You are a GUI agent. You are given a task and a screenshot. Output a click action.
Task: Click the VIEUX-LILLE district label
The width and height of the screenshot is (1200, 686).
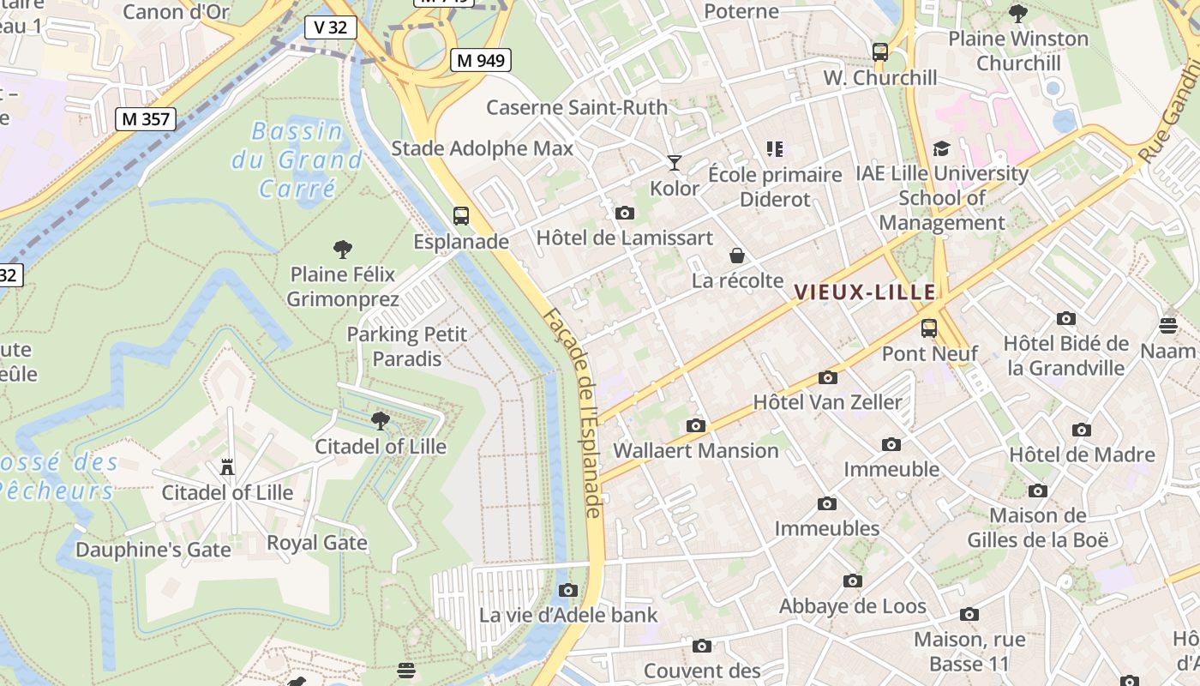point(865,292)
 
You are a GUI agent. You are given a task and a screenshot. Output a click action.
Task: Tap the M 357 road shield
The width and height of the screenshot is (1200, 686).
point(146,119)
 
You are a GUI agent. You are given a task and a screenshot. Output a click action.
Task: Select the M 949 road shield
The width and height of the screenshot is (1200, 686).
point(481,60)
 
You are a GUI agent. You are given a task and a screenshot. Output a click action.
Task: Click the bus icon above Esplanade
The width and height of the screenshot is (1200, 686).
point(461,216)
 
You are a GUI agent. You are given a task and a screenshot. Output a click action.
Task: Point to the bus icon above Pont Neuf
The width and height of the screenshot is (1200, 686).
point(929,328)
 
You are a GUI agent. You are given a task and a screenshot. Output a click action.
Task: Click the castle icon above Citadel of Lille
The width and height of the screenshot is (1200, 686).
point(227,467)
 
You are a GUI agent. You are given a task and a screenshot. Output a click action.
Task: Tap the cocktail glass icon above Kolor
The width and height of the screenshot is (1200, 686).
point(675,162)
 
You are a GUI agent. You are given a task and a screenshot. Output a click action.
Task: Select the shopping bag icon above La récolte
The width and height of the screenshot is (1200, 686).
point(736,256)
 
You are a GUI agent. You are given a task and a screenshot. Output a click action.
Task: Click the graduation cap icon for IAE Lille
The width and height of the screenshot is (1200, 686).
point(941,149)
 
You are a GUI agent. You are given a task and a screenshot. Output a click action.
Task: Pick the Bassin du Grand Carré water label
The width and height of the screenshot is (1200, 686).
point(297,159)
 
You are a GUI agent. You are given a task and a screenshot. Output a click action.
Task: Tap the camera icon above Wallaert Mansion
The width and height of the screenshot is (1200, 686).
point(695,425)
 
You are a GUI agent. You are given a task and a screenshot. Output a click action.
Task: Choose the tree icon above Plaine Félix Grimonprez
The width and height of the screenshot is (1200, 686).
point(342,250)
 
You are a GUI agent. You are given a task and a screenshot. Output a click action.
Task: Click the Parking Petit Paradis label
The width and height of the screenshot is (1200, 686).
point(407,346)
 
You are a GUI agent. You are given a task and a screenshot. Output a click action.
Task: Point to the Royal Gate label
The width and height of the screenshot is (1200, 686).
point(316,543)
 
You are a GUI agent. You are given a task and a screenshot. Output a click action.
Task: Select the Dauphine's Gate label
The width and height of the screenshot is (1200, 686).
point(153,550)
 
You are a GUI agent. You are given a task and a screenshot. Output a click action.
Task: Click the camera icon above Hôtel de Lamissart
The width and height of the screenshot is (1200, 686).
point(625,213)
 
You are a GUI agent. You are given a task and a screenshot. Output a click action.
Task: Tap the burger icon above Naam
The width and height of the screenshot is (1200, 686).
point(1168,325)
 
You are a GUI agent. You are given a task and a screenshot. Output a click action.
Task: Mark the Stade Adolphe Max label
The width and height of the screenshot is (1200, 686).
point(482,148)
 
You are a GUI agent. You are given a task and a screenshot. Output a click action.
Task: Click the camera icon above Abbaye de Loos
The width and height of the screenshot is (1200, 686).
point(852,581)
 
